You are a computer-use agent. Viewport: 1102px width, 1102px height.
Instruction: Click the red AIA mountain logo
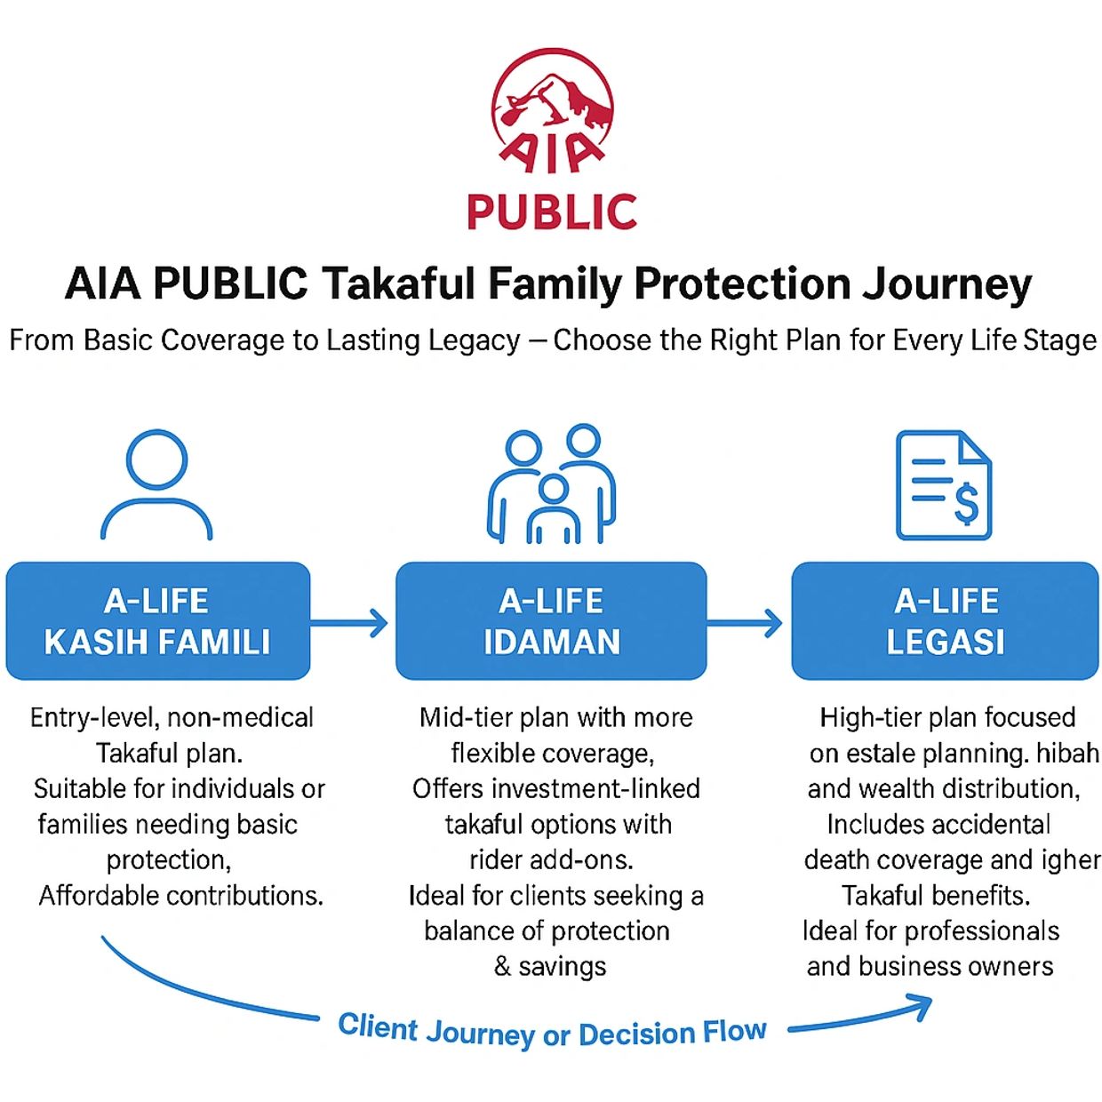click(552, 111)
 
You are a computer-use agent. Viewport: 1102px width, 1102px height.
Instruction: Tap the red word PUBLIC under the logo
click(552, 212)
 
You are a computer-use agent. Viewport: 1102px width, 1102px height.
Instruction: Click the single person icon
click(156, 484)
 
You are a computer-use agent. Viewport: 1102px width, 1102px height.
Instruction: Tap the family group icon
click(552, 484)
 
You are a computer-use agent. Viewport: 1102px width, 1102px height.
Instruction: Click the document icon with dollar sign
click(943, 484)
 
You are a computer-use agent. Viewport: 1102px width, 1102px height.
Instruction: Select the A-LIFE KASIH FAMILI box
click(158, 621)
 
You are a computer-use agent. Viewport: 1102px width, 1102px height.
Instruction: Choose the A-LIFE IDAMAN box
click(551, 621)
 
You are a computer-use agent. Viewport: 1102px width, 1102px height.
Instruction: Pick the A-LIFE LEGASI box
click(945, 621)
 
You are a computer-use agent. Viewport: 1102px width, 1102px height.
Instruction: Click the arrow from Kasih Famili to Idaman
click(350, 622)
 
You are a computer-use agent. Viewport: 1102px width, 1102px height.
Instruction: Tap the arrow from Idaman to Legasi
click(745, 622)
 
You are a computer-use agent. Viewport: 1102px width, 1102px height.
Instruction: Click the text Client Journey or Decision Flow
click(552, 1032)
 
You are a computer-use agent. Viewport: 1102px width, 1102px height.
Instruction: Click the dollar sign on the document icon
click(966, 504)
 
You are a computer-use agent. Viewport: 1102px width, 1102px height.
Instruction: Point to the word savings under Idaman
click(563, 967)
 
